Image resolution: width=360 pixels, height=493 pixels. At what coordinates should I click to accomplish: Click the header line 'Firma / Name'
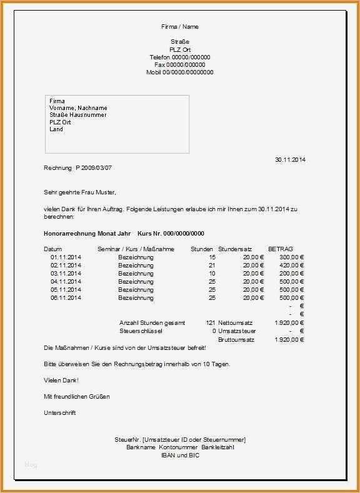pos(180,27)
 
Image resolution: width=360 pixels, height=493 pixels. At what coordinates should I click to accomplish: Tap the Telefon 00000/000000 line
pos(180,57)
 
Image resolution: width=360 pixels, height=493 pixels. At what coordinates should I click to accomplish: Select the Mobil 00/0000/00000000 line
pos(180,72)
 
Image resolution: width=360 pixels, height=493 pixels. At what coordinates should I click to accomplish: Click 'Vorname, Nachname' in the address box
pos(78,108)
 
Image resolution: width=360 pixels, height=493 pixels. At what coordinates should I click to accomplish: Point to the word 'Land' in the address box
pos(56,129)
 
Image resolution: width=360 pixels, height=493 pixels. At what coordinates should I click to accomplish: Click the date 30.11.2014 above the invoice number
pos(290,160)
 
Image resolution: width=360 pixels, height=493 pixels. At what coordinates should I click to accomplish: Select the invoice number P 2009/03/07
pos(94,168)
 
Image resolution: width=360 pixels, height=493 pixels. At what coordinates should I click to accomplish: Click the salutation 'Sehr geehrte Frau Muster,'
pos(80,192)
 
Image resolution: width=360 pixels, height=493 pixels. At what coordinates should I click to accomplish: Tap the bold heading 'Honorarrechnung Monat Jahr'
pos(87,233)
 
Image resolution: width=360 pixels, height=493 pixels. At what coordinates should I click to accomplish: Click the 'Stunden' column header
pos(202,249)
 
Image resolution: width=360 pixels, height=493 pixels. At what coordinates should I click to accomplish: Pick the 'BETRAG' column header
pos(280,249)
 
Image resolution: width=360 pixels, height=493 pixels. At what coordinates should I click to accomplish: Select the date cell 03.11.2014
pos(66,274)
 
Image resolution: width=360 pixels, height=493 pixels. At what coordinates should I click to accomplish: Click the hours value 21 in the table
pos(212,266)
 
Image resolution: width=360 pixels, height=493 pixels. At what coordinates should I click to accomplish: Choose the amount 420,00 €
pos(291,266)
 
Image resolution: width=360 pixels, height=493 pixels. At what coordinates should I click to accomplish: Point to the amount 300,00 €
pos(291,257)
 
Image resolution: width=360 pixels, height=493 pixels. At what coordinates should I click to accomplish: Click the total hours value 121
pos(210,323)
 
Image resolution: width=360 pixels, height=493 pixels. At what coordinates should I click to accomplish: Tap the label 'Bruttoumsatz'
pos(236,340)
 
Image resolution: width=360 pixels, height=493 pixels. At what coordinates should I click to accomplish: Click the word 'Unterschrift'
pos(60,413)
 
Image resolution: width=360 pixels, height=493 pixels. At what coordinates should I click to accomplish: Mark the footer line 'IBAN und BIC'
pos(180,456)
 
